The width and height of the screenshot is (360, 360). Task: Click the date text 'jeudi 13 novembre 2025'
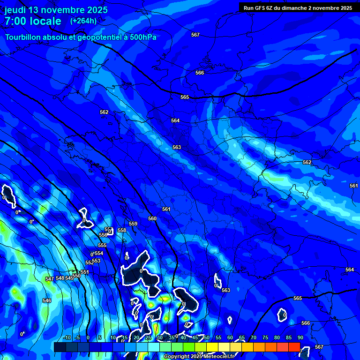click(x=56, y=10)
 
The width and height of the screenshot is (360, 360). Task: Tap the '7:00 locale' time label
click(x=33, y=21)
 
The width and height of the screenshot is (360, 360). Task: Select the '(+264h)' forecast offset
click(x=83, y=21)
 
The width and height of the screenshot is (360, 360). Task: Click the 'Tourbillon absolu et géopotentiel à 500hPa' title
click(x=81, y=37)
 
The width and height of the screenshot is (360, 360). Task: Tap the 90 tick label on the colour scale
click(x=300, y=338)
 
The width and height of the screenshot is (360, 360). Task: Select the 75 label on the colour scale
click(x=265, y=338)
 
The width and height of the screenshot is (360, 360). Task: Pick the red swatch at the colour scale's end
click(x=294, y=347)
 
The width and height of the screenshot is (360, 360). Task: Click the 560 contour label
click(x=152, y=218)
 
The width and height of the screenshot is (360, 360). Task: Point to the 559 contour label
click(x=133, y=224)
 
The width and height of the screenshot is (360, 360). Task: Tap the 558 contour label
click(x=122, y=230)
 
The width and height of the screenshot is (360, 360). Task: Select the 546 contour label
click(x=47, y=300)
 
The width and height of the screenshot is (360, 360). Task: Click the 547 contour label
click(x=50, y=279)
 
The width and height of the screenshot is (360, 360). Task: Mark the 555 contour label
click(x=102, y=245)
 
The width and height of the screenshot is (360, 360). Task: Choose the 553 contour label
click(x=96, y=261)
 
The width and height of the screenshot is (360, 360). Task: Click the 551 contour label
click(x=85, y=272)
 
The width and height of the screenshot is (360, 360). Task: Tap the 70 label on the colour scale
click(x=253, y=338)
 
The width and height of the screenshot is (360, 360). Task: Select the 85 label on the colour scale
click(x=288, y=338)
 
